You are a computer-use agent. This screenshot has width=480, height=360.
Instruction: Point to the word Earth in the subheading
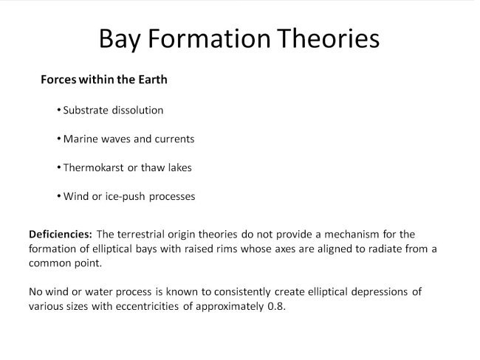click(x=151, y=79)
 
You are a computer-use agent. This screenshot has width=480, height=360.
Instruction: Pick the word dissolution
click(x=138, y=110)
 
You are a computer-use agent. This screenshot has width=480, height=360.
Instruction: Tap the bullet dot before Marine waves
click(x=58, y=139)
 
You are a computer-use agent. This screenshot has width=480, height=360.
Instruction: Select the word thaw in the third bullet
click(x=154, y=167)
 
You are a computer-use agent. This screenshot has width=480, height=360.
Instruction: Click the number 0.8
click(x=275, y=306)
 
